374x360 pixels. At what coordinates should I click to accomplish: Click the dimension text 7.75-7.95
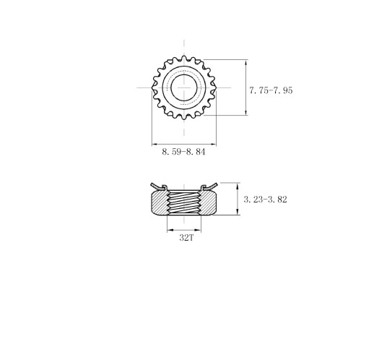pos(271,90)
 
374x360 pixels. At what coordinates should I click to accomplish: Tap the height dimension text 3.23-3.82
pos(265,200)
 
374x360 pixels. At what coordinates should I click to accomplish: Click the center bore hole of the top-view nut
pos(184,88)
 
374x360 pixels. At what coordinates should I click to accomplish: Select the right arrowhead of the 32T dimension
pos(201,230)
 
